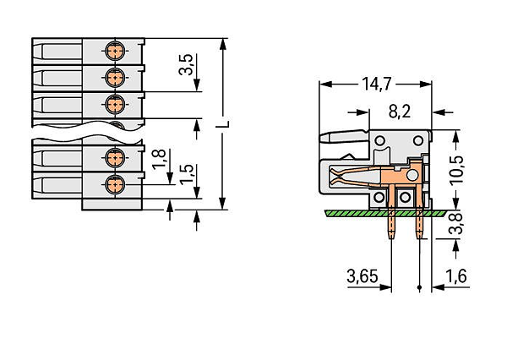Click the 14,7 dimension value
pos(377,84)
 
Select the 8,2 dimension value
pos(400,112)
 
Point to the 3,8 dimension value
pos(455,224)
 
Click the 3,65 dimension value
pos(363,276)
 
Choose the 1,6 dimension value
pos(456,276)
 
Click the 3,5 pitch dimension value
pos(186,64)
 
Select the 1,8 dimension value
pos(159,159)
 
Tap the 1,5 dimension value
pos(187,174)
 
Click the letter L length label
pos(223,124)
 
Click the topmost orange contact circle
pos(115,51)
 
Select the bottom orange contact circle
pos(115,184)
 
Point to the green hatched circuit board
pos(385,213)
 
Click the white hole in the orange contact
pos(412,175)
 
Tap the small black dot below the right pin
pos(419,287)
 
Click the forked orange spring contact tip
pos(334,177)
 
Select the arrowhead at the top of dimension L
pos(222,44)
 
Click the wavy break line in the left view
pos(87,132)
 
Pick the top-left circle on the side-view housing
pos(379,140)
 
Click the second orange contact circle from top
pos(115,78)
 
